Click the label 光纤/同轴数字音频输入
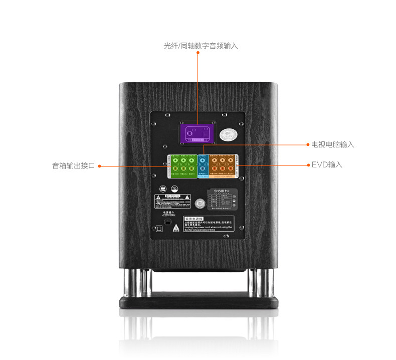point(201,46)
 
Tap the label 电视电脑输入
point(333,144)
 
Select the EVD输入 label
point(327,164)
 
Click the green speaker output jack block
point(182,166)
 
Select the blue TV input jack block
point(203,166)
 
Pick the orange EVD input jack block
point(222,166)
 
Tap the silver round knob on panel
point(202,204)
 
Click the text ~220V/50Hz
point(169,215)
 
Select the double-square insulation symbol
point(158,229)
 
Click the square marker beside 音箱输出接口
point(100,165)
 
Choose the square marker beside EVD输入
point(307,164)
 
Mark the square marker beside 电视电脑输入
point(307,144)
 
